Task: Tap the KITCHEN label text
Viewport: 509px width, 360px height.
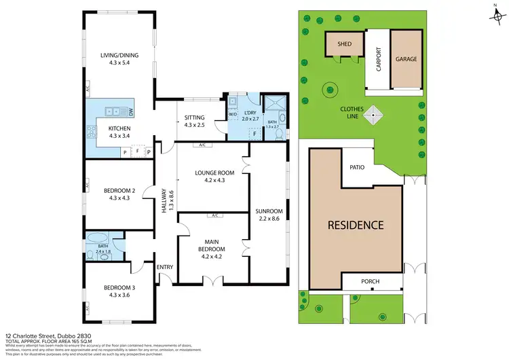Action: tap(119, 128)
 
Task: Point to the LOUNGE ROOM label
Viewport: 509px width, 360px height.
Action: tap(214, 173)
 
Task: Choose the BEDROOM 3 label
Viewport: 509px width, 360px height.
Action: tap(119, 287)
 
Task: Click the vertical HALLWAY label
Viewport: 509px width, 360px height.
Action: tap(164, 200)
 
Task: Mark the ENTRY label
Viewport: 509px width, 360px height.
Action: tap(165, 267)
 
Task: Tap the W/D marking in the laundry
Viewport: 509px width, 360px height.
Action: tap(232, 114)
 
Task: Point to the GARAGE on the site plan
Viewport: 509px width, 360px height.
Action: tap(407, 59)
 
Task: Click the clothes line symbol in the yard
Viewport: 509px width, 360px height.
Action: tap(373, 117)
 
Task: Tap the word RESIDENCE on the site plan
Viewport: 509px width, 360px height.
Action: tap(356, 225)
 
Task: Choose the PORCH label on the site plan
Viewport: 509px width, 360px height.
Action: tap(370, 281)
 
